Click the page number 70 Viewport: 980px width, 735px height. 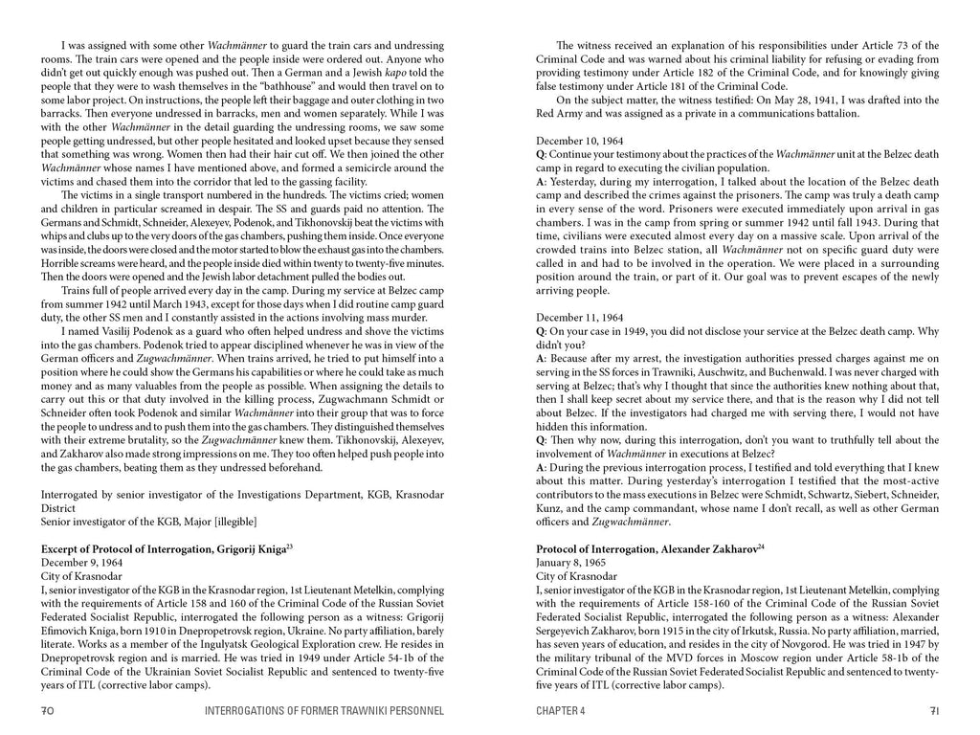tap(47, 711)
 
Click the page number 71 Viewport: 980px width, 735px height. tap(933, 711)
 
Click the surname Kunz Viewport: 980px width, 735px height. tap(551, 508)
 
